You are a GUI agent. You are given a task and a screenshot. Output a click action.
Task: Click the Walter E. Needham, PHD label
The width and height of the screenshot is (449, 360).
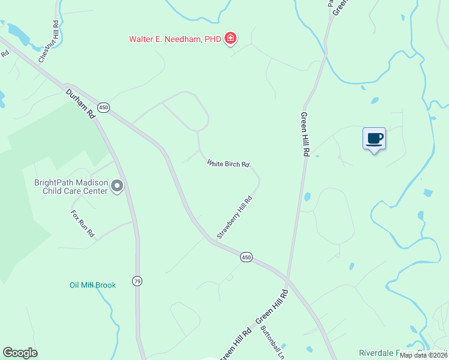pos(174,40)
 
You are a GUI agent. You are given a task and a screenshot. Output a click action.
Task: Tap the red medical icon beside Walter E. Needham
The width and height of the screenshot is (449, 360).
pos(229,40)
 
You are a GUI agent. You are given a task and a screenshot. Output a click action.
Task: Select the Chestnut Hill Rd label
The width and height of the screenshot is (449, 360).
pos(50,42)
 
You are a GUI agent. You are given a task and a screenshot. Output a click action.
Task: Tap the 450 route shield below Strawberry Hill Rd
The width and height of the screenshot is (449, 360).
pos(246,257)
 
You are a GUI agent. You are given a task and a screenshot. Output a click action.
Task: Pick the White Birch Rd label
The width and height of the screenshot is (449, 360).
pos(228,163)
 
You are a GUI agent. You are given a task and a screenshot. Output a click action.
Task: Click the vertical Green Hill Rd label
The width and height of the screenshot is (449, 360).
pos(304,134)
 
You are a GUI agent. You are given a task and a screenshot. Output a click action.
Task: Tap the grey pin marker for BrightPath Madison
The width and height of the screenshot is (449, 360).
pos(117,187)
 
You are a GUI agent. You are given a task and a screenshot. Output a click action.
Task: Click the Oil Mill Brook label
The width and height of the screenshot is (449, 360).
pos(92,285)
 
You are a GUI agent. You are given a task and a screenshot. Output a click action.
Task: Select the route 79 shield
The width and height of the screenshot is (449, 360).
pos(137,281)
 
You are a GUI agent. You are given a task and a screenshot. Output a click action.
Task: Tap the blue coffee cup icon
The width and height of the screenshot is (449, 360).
pos(374,139)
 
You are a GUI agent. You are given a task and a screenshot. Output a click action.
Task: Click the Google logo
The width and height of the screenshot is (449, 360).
pos(20,353)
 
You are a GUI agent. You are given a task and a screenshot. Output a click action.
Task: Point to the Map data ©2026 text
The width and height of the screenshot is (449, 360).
pos(423,355)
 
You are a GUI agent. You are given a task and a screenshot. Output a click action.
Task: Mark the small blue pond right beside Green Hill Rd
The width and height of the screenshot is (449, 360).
pos(307,196)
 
